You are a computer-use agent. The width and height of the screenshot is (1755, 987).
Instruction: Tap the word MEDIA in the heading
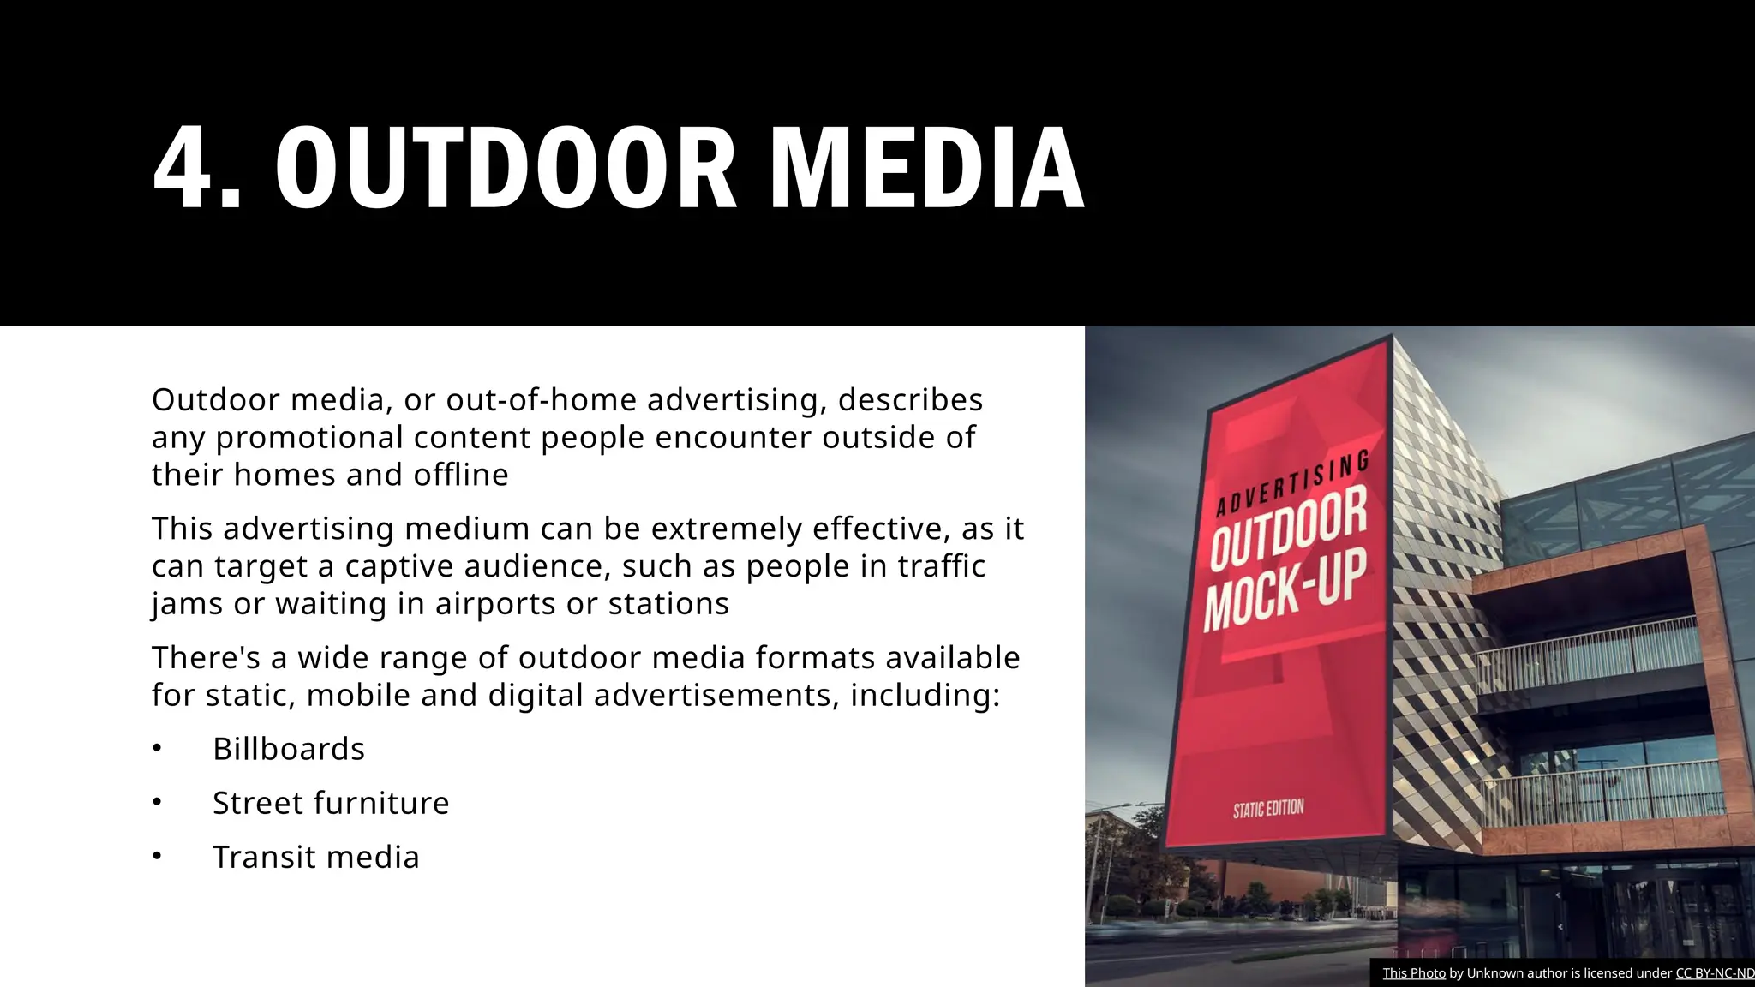pos(927,167)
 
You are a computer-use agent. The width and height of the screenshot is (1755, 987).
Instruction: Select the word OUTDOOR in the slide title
pos(506,167)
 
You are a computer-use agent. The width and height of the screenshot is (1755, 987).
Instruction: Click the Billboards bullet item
pos(289,750)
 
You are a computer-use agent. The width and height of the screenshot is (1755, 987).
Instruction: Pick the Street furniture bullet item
pos(331,804)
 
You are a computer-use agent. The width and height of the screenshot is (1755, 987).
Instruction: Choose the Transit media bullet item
pos(316,858)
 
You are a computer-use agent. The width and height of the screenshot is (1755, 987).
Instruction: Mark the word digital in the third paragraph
pos(535,696)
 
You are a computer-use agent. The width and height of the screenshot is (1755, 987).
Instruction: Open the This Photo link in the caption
pos(1414,973)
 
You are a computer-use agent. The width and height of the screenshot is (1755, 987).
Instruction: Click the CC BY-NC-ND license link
pos(1715,973)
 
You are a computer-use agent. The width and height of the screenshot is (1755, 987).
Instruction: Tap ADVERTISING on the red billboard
pos(1292,485)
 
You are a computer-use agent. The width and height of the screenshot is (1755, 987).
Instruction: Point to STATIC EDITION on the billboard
pos(1268,809)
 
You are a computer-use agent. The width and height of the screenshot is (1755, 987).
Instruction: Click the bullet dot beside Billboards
pos(157,749)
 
